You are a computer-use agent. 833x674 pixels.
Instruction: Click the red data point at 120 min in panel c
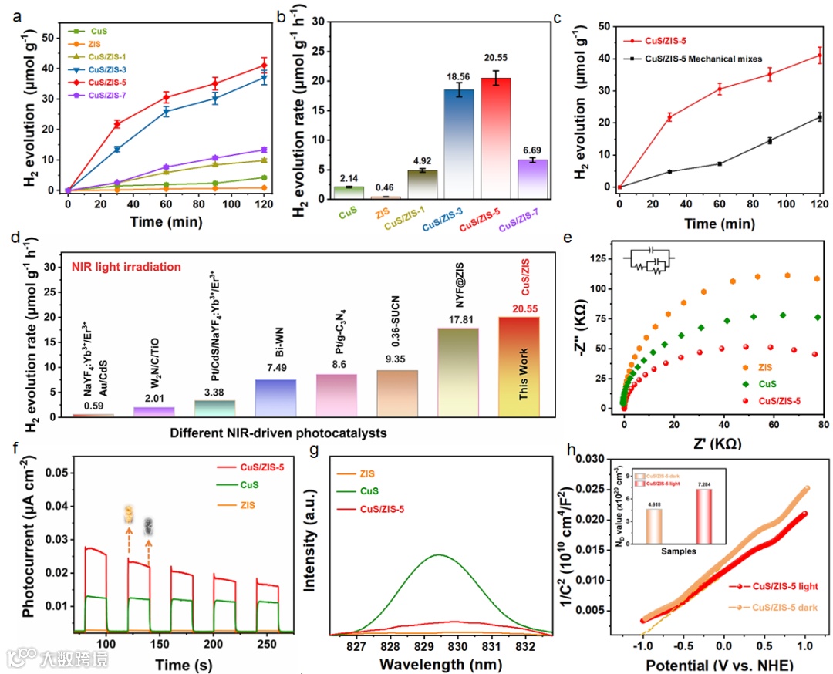point(819,56)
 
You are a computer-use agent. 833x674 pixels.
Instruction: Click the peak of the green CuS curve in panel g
point(439,554)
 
